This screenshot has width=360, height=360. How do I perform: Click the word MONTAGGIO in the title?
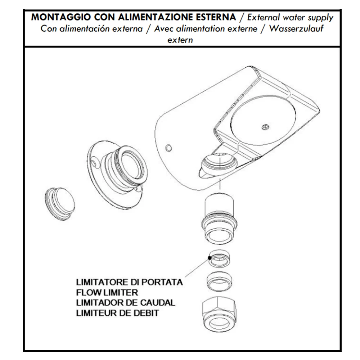point(61,17)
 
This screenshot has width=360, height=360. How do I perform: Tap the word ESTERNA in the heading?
point(216,17)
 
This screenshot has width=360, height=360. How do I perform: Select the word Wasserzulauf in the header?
point(296,29)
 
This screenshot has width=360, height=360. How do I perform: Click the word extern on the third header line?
point(180,40)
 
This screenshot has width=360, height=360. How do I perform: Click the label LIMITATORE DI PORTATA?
point(130,282)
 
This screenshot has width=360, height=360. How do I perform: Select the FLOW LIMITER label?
point(107,292)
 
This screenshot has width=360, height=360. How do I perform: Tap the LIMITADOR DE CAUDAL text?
point(126,303)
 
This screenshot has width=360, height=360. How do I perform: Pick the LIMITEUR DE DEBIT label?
point(117,313)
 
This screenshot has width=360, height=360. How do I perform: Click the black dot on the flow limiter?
point(210,258)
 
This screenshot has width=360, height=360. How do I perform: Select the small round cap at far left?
point(59,204)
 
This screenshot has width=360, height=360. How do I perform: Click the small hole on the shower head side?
point(168,148)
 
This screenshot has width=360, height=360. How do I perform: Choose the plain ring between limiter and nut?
point(219,282)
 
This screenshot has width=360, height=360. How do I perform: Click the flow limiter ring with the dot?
point(219,258)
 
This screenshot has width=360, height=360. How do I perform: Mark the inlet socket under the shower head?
point(219,162)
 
